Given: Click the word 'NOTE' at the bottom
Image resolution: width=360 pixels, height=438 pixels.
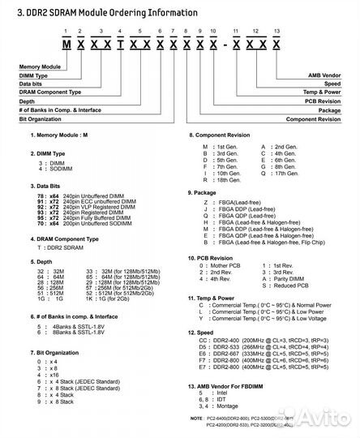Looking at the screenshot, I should tap(193, 417).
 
